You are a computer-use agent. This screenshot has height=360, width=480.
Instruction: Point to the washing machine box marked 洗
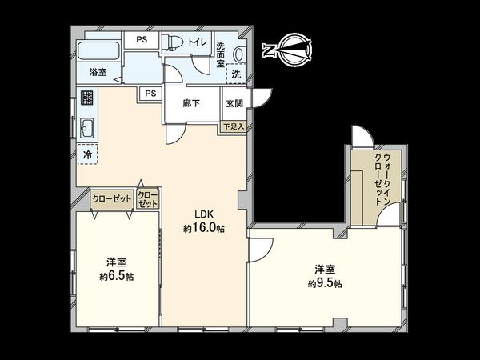coord(235,74)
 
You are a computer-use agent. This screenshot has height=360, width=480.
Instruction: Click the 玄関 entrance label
coord(234,103)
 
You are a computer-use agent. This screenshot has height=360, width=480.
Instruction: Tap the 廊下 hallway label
coord(190,103)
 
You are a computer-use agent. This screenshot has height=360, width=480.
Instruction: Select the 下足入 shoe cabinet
coord(233,126)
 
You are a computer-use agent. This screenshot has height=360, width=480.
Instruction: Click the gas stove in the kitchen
coord(86,100)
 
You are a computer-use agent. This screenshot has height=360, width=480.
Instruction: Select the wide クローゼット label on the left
coord(112,198)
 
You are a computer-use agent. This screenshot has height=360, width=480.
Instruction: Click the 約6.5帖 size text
coord(116,277)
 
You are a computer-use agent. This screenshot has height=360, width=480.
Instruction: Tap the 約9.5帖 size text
coord(325,283)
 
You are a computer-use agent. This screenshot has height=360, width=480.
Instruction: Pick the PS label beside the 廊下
coord(150,94)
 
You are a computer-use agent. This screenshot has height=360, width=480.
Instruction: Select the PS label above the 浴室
coord(141,39)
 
